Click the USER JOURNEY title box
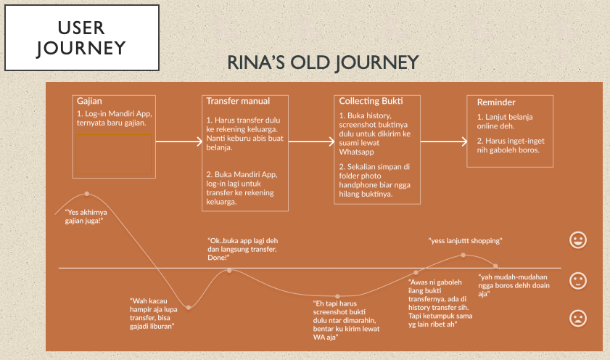[x=81, y=38]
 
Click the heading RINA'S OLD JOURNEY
[x=323, y=63]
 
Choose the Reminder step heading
[x=496, y=102]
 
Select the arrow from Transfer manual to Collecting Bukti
[x=311, y=142]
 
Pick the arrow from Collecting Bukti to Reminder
[x=444, y=142]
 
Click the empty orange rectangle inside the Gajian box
[x=112, y=154]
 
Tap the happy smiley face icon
[x=578, y=239]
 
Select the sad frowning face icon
[x=578, y=317]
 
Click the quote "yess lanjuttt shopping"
[x=465, y=240]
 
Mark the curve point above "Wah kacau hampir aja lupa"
[x=189, y=308]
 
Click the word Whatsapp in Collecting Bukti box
[x=358, y=152]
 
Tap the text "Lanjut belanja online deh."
[x=506, y=121]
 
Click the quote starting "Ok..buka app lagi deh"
[x=242, y=248]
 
